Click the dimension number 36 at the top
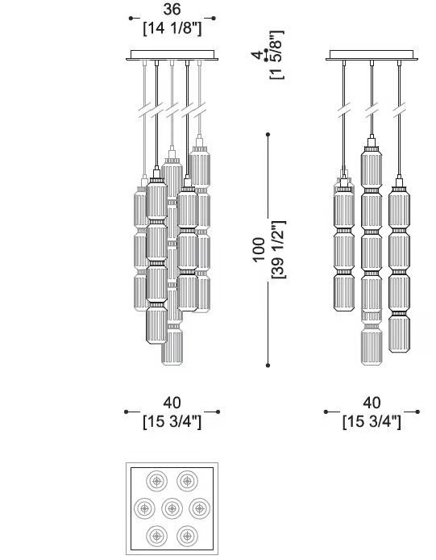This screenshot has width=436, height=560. pyautogui.click(x=172, y=10)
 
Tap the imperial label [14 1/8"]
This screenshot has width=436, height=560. pyautogui.click(x=172, y=28)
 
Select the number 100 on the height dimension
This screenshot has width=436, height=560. pyautogui.click(x=259, y=249)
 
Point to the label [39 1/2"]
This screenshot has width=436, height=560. pyautogui.click(x=279, y=249)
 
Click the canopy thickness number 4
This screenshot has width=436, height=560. pyautogui.click(x=257, y=55)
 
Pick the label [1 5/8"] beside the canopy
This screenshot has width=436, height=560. pyautogui.click(x=277, y=55)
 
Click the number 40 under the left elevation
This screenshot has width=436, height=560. pyautogui.click(x=172, y=403)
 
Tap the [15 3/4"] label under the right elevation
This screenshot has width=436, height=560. pyautogui.click(x=372, y=422)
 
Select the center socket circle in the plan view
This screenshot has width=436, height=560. pyautogui.click(x=172, y=508)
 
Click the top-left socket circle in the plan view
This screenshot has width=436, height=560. pyautogui.click(x=156, y=481)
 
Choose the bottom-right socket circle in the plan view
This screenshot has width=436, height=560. pyautogui.click(x=187, y=536)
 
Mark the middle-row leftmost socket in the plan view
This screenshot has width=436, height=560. pyautogui.click(x=144, y=508)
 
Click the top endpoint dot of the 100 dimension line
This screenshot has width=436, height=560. pyautogui.click(x=268, y=134)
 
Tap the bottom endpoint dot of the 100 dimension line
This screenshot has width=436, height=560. pyautogui.click(x=268, y=366)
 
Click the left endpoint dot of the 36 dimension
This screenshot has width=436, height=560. pyautogui.click(x=131, y=18)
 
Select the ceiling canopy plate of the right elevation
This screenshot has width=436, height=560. pyautogui.click(x=372, y=55)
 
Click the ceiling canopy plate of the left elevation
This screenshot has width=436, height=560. pyautogui.click(x=172, y=55)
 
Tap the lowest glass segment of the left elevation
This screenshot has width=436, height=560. pyautogui.click(x=172, y=347)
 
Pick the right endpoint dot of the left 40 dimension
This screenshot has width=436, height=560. pyautogui.click(x=218, y=412)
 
